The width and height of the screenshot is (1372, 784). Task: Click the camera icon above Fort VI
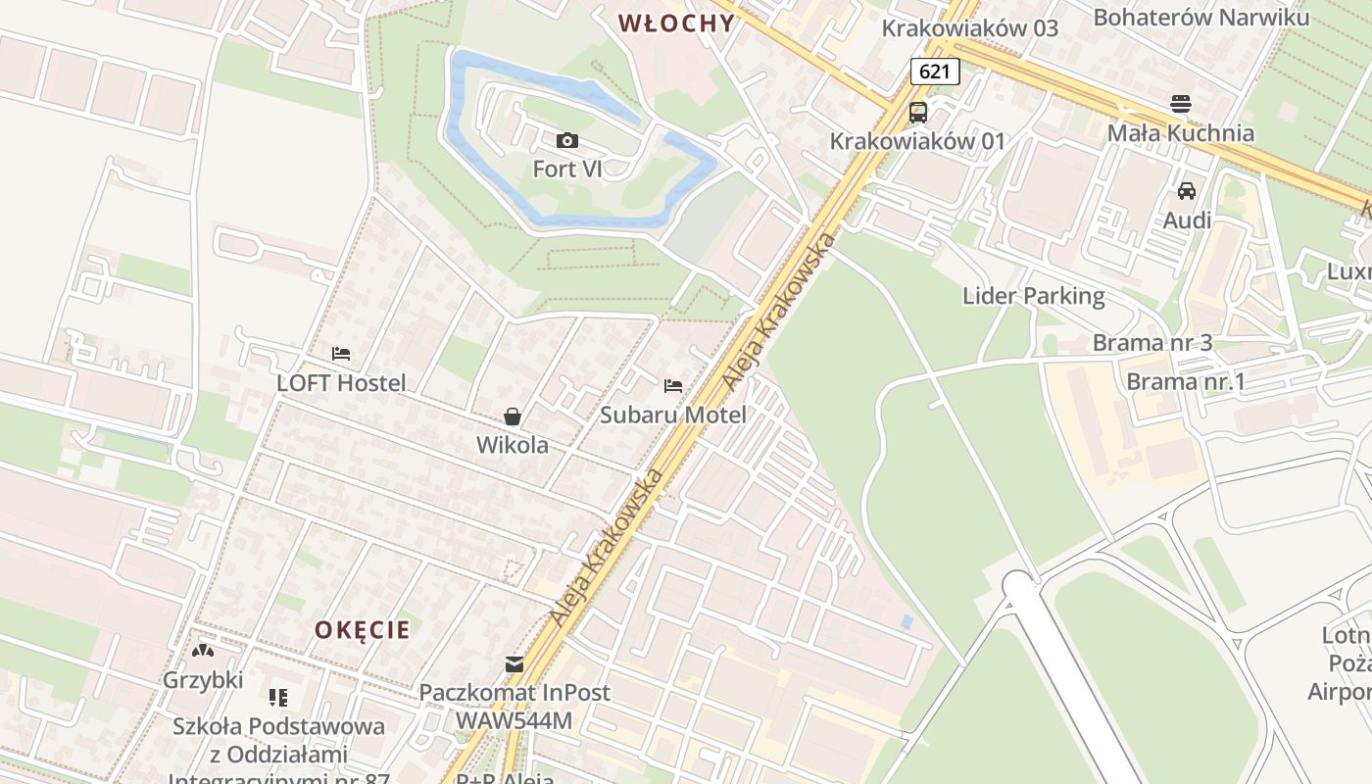pyautogui.click(x=566, y=141)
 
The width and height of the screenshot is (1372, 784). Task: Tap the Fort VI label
pyautogui.click(x=566, y=169)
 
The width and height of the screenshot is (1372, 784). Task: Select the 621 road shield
pyautogui.click(x=934, y=71)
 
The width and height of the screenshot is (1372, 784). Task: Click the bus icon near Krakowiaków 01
pyautogui.click(x=917, y=113)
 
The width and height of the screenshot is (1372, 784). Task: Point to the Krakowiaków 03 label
pyautogui.click(x=970, y=27)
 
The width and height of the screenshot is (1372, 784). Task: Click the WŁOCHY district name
pyautogui.click(x=676, y=24)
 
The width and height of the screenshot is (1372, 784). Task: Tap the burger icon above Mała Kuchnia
pyautogui.click(x=1181, y=104)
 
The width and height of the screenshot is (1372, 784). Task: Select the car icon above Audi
pyautogui.click(x=1187, y=190)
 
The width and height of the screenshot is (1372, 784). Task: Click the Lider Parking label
pyautogui.click(x=1033, y=295)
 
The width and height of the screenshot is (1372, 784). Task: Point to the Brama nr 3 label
pyautogui.click(x=1152, y=342)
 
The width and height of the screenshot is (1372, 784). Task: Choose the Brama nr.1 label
pyautogui.click(x=1186, y=381)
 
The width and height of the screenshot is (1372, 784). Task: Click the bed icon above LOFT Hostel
pyautogui.click(x=341, y=354)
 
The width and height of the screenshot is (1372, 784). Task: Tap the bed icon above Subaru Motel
pyautogui.click(x=673, y=386)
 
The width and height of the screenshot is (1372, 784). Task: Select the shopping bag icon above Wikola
pyautogui.click(x=512, y=416)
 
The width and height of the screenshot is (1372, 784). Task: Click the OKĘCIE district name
pyautogui.click(x=363, y=629)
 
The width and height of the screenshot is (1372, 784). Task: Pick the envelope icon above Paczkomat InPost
pyautogui.click(x=514, y=664)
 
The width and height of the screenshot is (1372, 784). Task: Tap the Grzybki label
pyautogui.click(x=203, y=679)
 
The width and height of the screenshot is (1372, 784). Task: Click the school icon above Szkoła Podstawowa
pyautogui.click(x=278, y=698)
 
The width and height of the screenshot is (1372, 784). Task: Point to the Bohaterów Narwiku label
pyautogui.click(x=1200, y=17)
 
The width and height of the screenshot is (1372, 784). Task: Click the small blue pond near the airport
pyautogui.click(x=906, y=621)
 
